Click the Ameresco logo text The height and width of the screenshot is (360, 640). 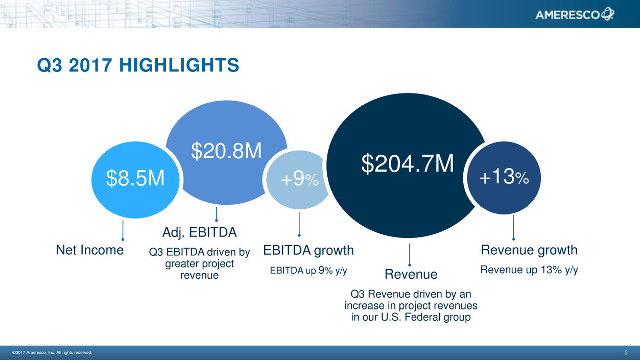click(567, 15)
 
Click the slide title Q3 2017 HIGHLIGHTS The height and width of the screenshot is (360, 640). click(138, 65)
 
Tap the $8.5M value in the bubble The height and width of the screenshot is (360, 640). click(135, 178)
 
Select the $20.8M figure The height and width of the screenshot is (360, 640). click(226, 151)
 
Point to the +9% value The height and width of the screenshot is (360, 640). click(299, 179)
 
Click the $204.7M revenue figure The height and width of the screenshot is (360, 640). click(408, 164)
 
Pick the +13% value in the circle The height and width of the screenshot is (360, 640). click(504, 177)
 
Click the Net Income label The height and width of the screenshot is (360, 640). click(90, 250)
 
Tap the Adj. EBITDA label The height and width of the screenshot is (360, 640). click(199, 232)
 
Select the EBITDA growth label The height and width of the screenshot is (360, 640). click(309, 251)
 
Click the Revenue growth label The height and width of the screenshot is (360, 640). click(529, 250)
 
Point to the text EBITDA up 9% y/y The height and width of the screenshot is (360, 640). click(309, 270)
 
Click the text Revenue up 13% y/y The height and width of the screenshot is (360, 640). click(529, 270)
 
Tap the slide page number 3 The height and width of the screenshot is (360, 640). click(626, 352)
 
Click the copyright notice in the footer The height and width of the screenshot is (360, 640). click(52, 352)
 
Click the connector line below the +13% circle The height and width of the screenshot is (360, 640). click(513, 227)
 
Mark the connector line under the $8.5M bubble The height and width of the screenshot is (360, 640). click(123, 230)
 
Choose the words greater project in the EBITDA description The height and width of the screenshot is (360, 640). click(199, 263)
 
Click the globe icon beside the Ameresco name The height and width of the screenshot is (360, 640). click(607, 14)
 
